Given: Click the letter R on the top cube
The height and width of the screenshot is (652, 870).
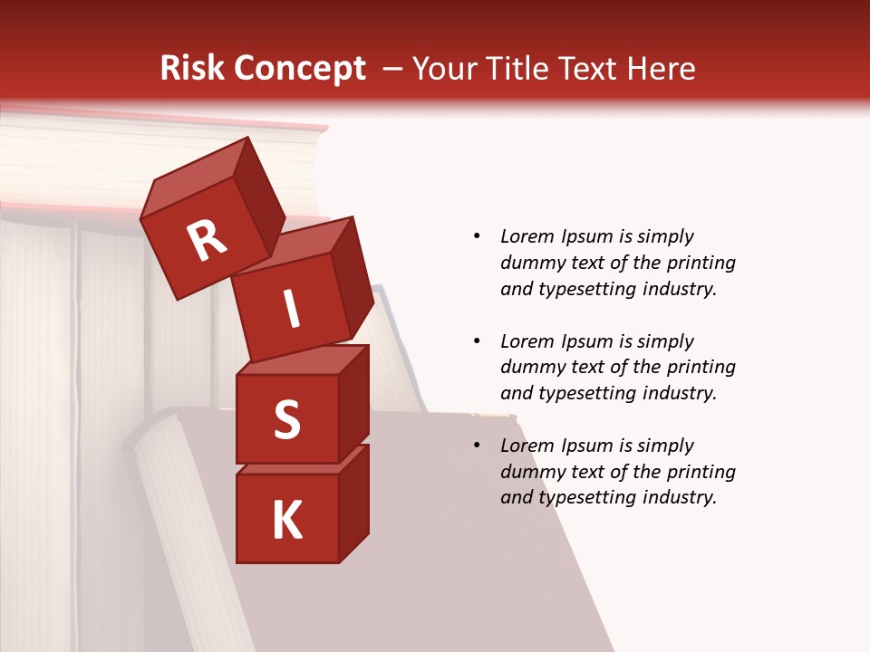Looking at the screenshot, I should pyautogui.click(x=207, y=240).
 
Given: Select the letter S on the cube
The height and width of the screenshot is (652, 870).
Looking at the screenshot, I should pyautogui.click(x=286, y=419).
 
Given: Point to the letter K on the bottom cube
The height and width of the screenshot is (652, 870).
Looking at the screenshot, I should pyautogui.click(x=286, y=521).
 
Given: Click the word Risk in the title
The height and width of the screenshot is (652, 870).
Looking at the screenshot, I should pyautogui.click(x=191, y=68).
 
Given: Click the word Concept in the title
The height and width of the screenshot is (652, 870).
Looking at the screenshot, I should pyautogui.click(x=299, y=69).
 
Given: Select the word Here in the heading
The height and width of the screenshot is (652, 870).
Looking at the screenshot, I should pyautogui.click(x=660, y=68).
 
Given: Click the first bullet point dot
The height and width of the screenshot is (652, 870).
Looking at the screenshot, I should pyautogui.click(x=478, y=236).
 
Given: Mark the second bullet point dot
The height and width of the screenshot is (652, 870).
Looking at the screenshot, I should pyautogui.click(x=478, y=341).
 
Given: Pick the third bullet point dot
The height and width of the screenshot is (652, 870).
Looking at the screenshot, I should pyautogui.click(x=478, y=446).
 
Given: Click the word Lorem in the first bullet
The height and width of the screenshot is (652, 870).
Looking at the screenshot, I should pyautogui.click(x=527, y=236).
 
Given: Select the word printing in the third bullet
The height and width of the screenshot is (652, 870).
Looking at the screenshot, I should pyautogui.click(x=701, y=472).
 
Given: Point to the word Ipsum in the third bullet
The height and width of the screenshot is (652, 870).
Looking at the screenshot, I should pyautogui.click(x=585, y=446).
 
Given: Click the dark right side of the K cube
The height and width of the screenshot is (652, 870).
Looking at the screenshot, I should pyautogui.click(x=353, y=503).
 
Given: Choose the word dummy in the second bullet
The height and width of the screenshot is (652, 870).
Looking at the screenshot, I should pyautogui.click(x=530, y=368).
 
